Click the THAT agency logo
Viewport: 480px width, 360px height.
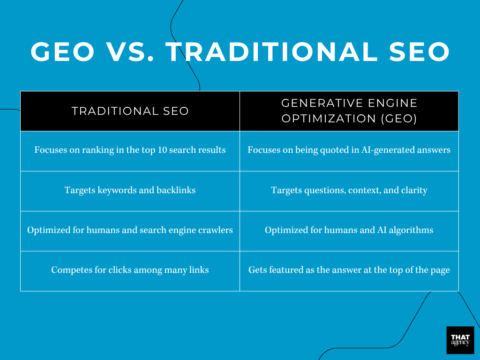click(x=460, y=340)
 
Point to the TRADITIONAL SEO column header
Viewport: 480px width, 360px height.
click(x=130, y=111)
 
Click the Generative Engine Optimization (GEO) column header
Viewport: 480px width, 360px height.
click(x=349, y=111)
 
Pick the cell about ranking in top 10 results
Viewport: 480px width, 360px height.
click(x=130, y=150)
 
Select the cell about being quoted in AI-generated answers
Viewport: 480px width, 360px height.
click(x=349, y=150)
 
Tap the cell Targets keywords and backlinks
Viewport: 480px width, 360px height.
click(x=130, y=190)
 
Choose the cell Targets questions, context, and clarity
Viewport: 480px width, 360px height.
click(x=349, y=190)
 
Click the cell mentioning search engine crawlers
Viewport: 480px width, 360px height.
click(x=130, y=230)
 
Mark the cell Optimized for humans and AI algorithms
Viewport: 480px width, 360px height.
click(x=349, y=230)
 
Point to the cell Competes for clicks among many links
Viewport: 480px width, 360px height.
click(x=130, y=270)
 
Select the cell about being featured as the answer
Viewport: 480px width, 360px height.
click(x=349, y=270)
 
